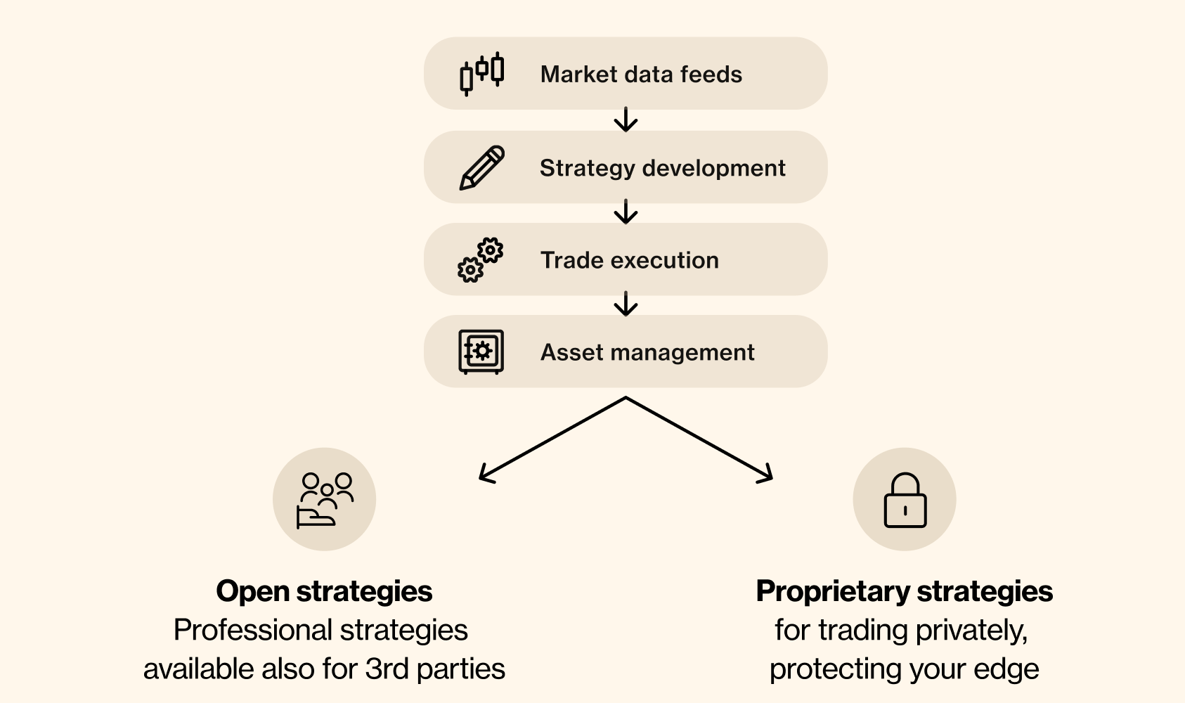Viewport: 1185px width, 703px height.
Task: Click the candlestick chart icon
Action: click(x=482, y=73)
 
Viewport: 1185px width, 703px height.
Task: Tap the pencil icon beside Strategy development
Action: click(x=482, y=167)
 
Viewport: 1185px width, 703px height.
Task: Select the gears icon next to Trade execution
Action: click(x=481, y=260)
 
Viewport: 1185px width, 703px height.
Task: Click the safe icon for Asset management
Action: click(x=481, y=351)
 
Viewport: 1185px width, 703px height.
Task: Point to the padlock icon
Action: click(x=905, y=501)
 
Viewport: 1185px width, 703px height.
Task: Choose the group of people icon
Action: click(x=325, y=500)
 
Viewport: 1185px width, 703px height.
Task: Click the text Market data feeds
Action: click(x=641, y=75)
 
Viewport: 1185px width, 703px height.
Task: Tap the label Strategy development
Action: click(x=662, y=168)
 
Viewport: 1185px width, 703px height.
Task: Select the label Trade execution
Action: click(x=629, y=261)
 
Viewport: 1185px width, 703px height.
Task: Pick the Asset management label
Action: click(x=647, y=352)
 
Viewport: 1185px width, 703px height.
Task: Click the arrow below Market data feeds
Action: click(x=626, y=120)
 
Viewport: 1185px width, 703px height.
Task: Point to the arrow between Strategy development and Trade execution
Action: click(x=626, y=212)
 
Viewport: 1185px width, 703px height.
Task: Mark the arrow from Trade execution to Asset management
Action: click(x=626, y=304)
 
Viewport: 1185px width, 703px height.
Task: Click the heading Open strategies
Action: click(x=324, y=591)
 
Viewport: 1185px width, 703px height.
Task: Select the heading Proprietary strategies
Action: click(x=904, y=591)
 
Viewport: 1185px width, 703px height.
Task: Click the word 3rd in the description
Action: click(x=387, y=669)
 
